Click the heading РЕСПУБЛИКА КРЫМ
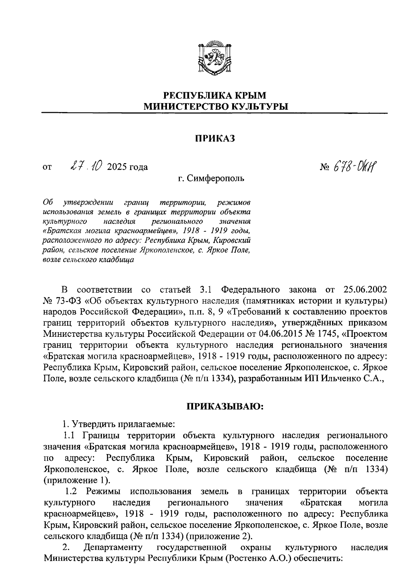coord(215,95)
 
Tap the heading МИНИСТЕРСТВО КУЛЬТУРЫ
coord(215,106)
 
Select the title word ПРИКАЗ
coord(215,139)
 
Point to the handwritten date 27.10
coord(85,166)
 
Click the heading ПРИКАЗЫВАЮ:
coord(224,407)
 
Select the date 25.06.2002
coord(365,290)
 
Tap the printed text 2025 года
coord(127,167)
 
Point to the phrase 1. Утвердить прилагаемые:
coord(118,425)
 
